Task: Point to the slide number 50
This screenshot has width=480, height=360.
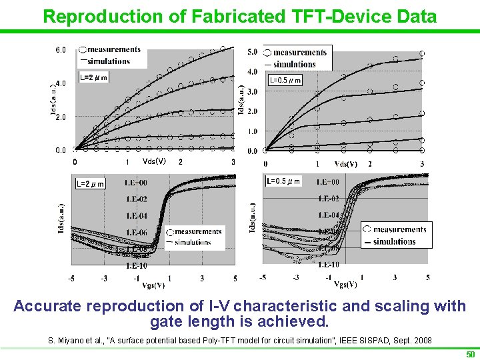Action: tap(469, 353)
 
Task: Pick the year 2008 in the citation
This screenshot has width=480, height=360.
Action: tap(421, 341)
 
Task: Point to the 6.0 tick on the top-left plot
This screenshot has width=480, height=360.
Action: tap(60, 50)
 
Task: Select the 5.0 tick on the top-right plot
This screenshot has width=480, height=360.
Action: tap(252, 52)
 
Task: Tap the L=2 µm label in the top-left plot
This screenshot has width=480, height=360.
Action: tap(93, 77)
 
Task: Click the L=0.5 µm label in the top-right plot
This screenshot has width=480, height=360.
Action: tap(285, 81)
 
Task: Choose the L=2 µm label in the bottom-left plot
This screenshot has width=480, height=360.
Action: tap(90, 183)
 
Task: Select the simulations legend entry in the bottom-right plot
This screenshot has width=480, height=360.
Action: tap(399, 241)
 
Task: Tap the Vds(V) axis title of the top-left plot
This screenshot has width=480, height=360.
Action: tap(154, 161)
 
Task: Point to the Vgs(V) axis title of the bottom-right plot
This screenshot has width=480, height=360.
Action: tap(345, 285)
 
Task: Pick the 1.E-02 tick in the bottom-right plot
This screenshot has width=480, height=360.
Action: tap(328, 199)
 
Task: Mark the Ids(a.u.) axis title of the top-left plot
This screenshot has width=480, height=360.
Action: tap(53, 100)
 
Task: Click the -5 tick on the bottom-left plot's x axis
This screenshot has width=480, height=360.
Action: tap(72, 278)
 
